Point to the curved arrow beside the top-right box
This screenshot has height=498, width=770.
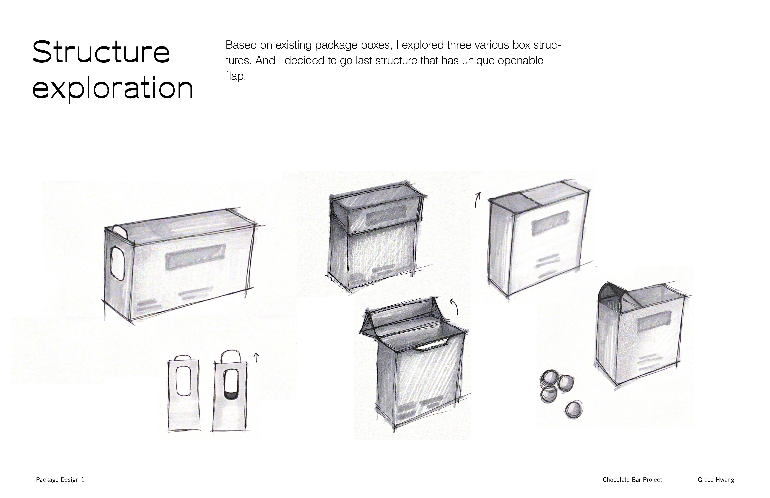tap(477, 200)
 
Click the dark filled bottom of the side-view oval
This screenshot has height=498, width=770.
tap(230, 395)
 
